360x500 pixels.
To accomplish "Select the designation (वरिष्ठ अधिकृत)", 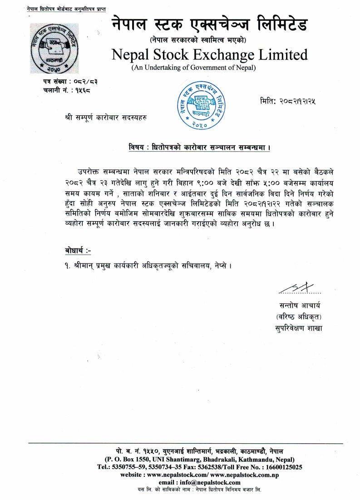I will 298,316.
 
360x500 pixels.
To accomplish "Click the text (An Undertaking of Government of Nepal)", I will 194,68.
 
